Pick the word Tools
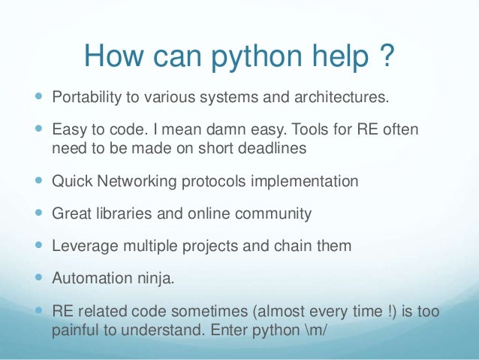[305, 132]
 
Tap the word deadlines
[270, 149]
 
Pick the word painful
[75, 328]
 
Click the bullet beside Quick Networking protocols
[39, 182]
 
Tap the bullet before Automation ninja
[39, 278]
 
